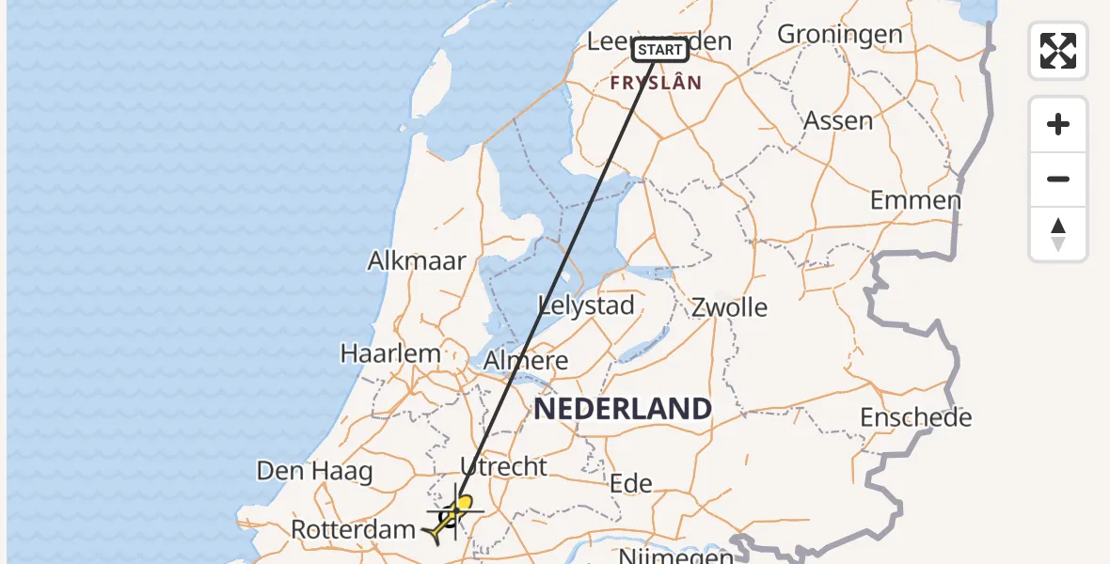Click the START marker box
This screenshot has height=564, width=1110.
click(659, 50)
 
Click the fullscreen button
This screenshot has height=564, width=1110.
click(1058, 51)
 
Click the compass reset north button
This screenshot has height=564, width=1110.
click(1058, 234)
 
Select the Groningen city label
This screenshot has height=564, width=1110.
click(840, 35)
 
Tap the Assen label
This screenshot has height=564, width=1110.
click(837, 120)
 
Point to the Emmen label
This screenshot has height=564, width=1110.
click(915, 200)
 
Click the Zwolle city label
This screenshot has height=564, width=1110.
click(729, 307)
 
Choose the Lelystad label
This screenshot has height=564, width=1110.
click(586, 305)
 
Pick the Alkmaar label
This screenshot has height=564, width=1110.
click(417, 260)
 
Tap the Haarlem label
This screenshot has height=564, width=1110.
click(390, 353)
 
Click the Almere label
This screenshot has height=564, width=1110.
click(526, 360)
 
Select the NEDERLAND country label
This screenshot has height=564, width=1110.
click(623, 408)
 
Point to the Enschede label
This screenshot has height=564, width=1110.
click(915, 417)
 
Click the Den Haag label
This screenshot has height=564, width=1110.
click(315, 471)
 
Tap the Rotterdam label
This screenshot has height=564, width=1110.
click(353, 529)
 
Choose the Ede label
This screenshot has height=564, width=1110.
click(631, 483)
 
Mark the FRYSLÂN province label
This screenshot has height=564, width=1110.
click(656, 83)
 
